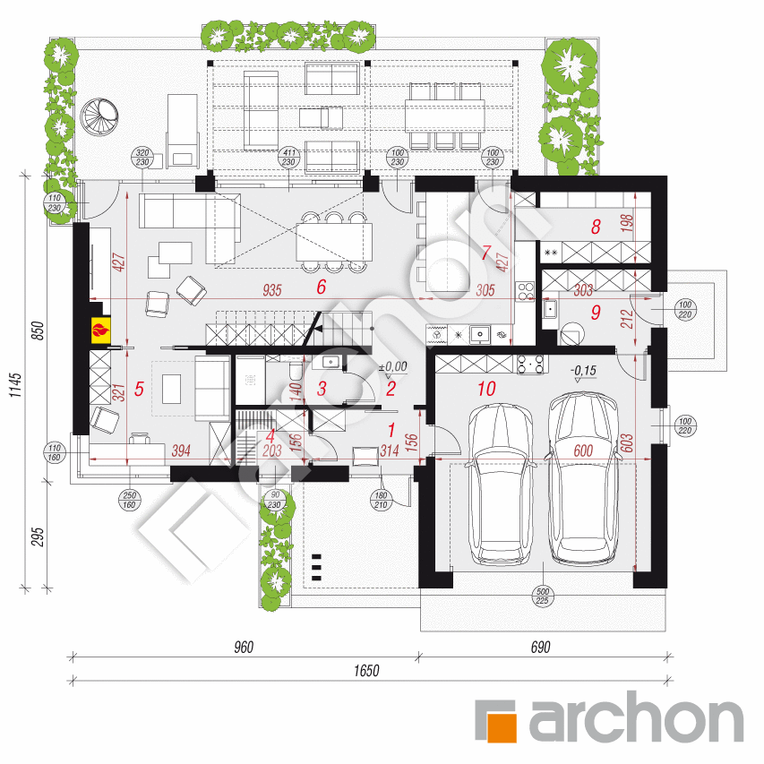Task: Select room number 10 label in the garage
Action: tap(486, 389)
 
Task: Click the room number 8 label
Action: tap(595, 227)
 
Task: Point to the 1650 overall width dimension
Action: tap(365, 670)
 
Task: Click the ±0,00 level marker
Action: tap(392, 366)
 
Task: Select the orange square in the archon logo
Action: tap(498, 719)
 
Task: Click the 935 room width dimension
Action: tap(274, 289)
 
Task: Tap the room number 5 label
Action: tap(137, 389)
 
